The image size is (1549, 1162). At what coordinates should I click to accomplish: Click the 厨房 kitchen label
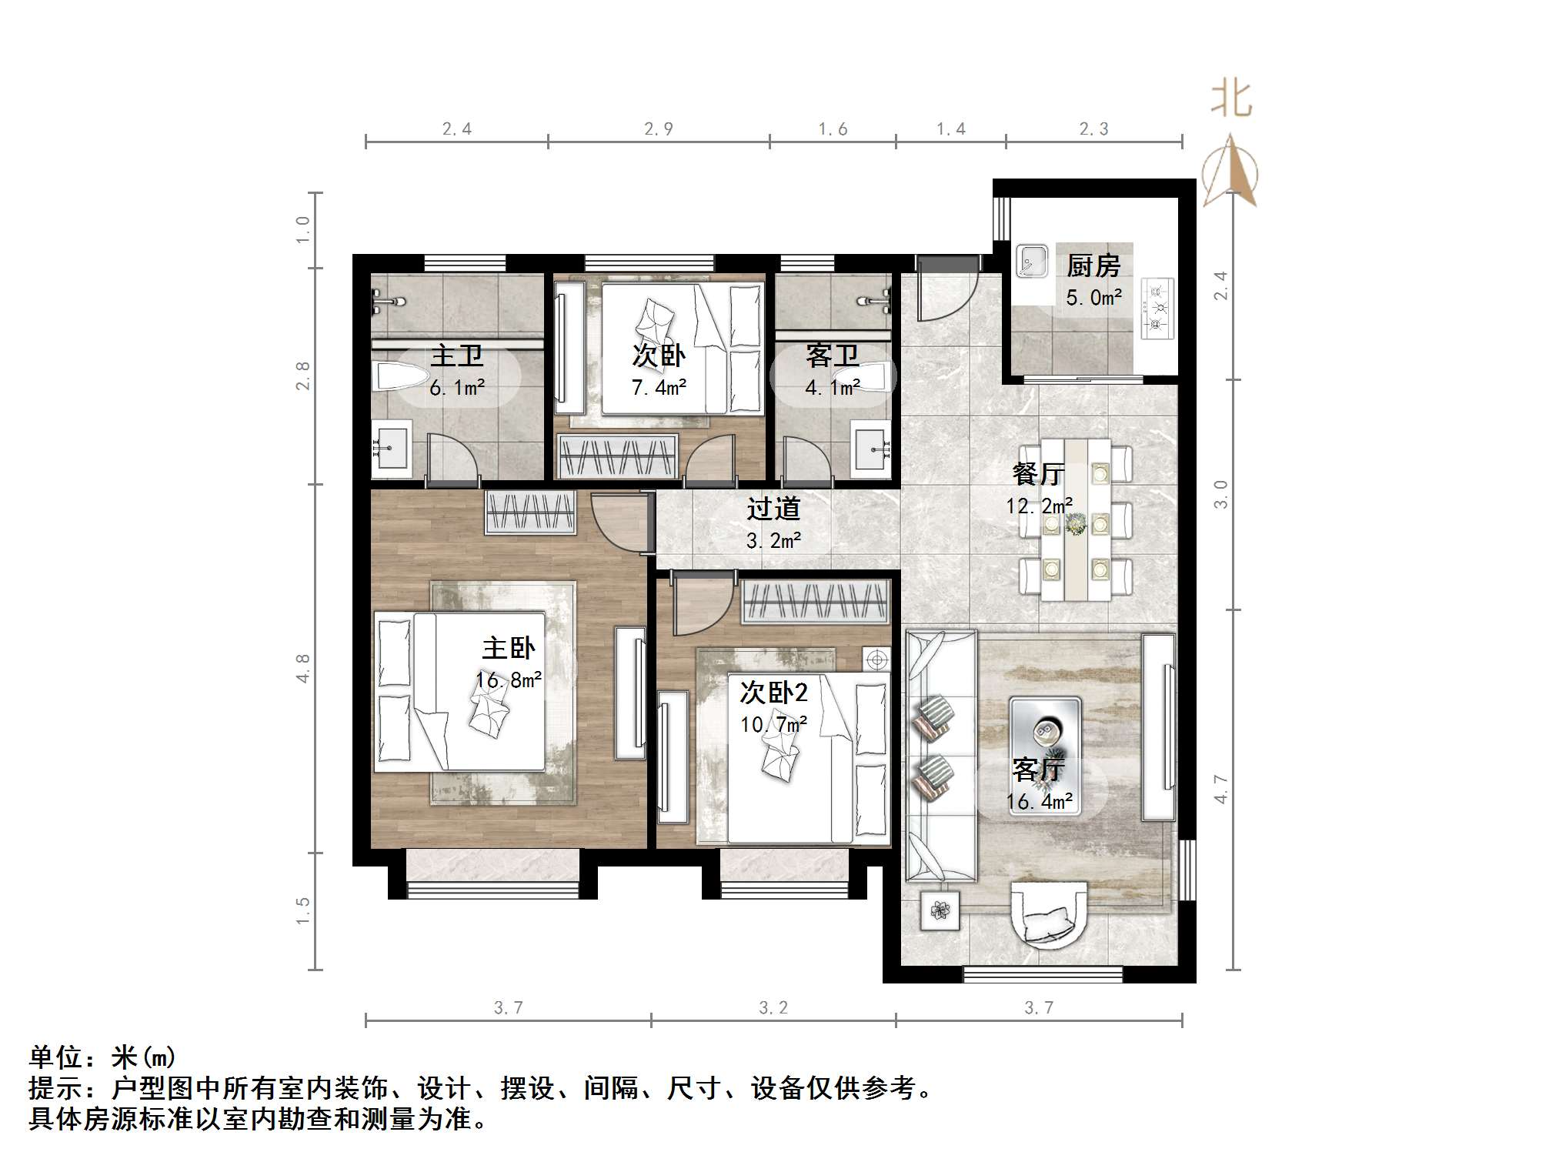point(1093,266)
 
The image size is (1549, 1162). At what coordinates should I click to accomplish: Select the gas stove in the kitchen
point(1157,309)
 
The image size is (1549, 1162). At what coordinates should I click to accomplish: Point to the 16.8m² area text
point(508,680)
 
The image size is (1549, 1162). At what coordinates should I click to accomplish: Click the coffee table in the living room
point(1045,735)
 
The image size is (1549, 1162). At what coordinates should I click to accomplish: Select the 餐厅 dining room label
point(1038,474)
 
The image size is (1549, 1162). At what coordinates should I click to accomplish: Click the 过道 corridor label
point(773,509)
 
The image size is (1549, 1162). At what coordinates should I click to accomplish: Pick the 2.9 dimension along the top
point(659,129)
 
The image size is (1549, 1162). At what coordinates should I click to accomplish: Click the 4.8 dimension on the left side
point(302,668)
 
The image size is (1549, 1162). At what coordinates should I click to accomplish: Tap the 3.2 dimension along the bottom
point(773,1008)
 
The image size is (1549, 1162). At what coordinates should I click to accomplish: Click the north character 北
point(1231,100)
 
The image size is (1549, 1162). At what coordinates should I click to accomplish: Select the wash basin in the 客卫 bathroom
point(871,447)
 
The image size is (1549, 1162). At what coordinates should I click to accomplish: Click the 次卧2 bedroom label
point(773,693)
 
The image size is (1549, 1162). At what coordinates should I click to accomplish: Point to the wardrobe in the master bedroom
point(530,512)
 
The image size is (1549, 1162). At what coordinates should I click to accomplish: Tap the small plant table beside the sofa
point(940,912)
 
